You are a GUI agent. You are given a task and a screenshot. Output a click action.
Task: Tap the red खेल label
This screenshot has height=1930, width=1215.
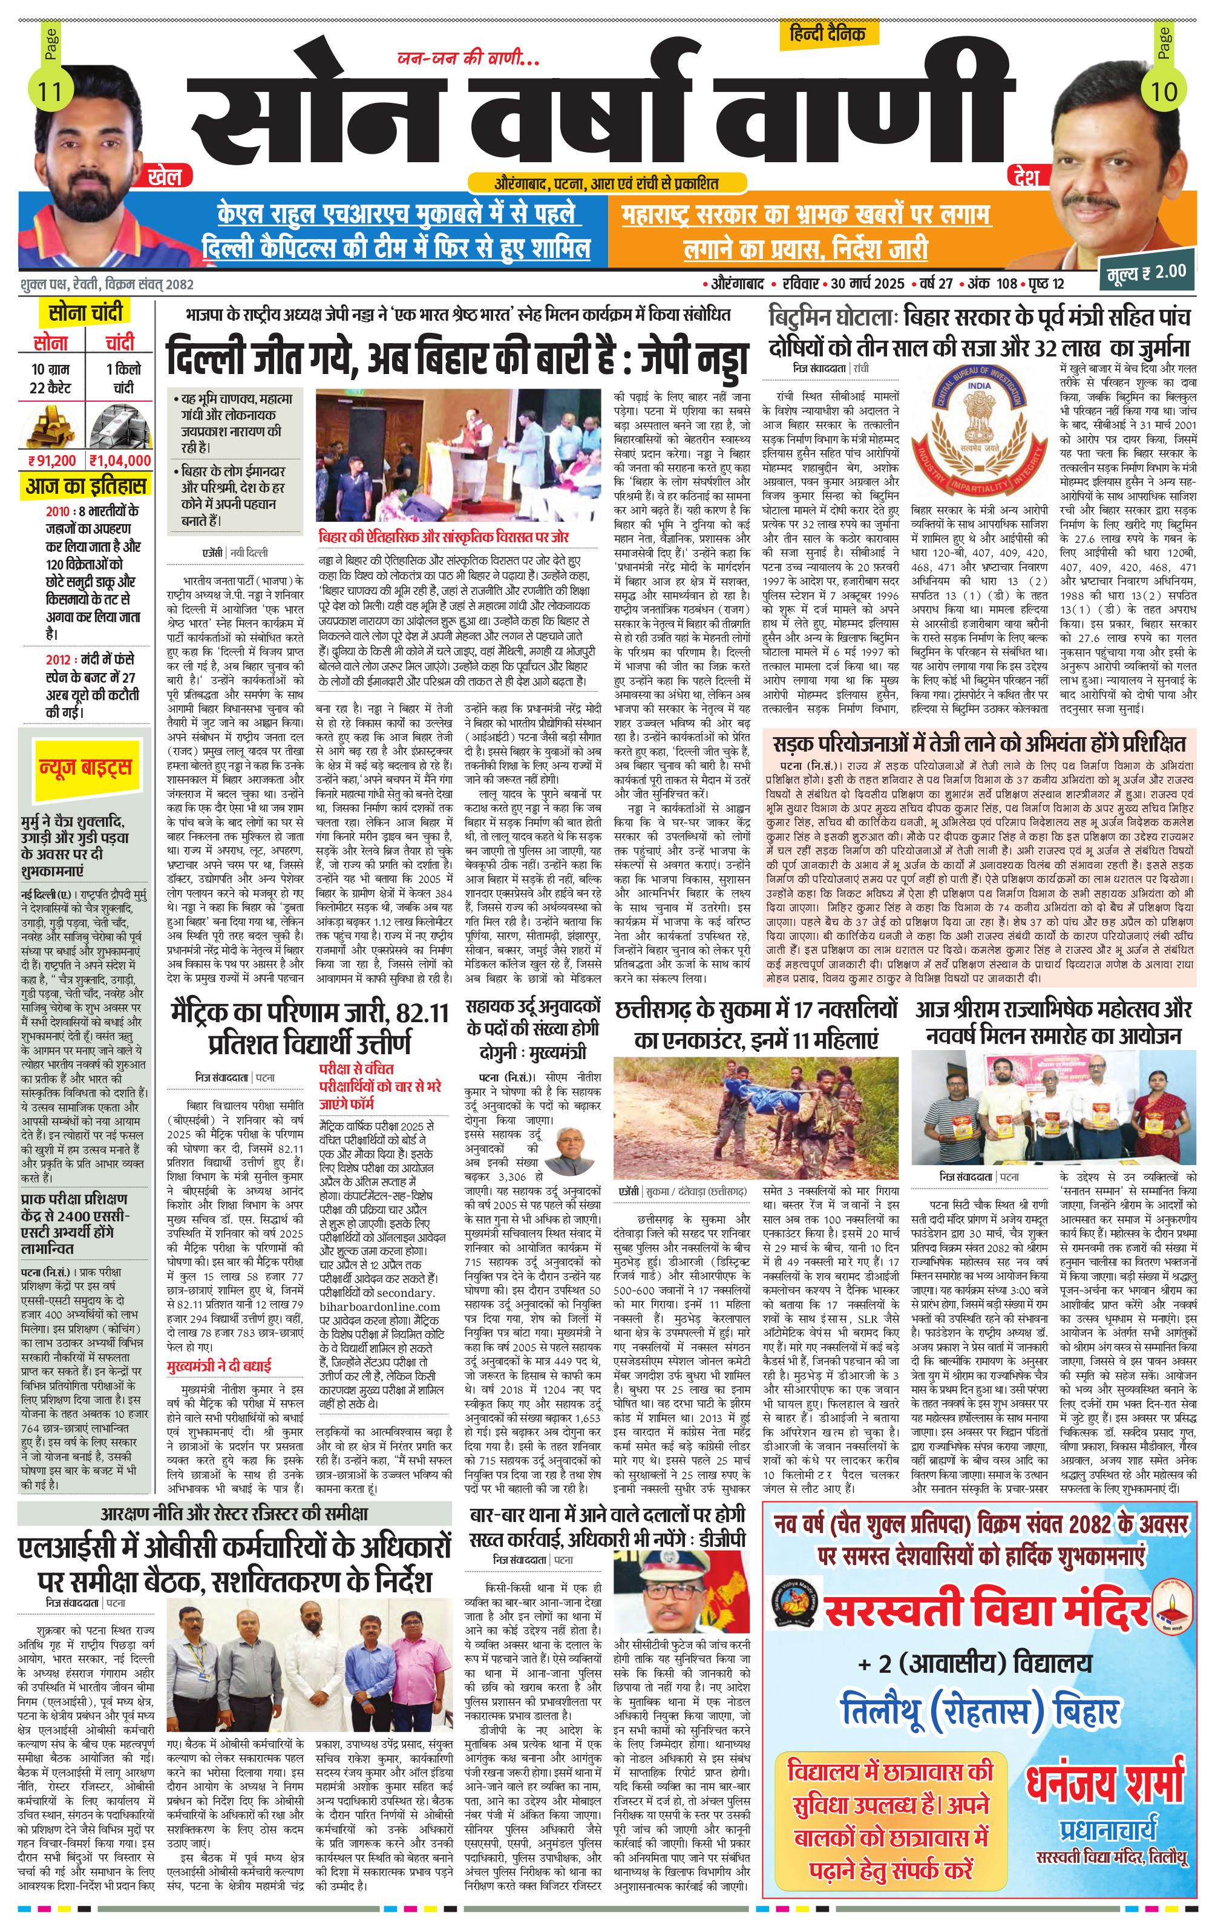click(x=165, y=176)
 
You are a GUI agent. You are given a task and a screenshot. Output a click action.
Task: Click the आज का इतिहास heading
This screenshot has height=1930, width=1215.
click(x=86, y=486)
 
